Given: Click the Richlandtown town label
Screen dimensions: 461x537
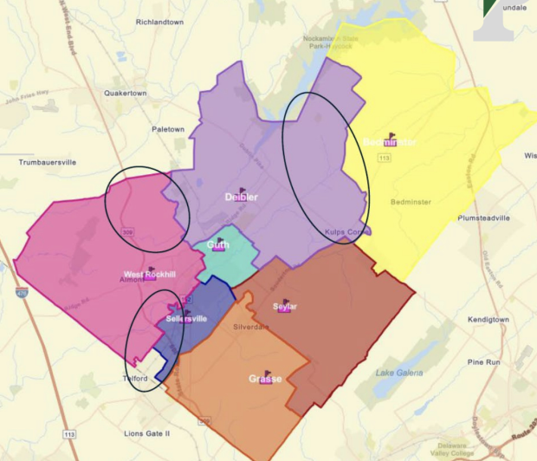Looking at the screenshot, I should coord(159,23).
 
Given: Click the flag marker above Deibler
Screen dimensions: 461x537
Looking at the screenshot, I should coord(243,189).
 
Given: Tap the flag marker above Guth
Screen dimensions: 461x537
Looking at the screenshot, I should coord(220,241).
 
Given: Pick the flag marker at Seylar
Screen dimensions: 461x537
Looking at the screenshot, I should coord(286,302).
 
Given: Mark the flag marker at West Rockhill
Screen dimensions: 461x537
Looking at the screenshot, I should coord(152,269).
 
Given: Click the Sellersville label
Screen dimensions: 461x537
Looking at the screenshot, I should coord(186,319).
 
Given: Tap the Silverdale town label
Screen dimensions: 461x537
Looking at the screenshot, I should coord(251,328).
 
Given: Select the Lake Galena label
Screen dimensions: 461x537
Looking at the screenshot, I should coord(399,373).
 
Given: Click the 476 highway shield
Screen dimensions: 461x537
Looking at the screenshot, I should coord(9,293).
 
